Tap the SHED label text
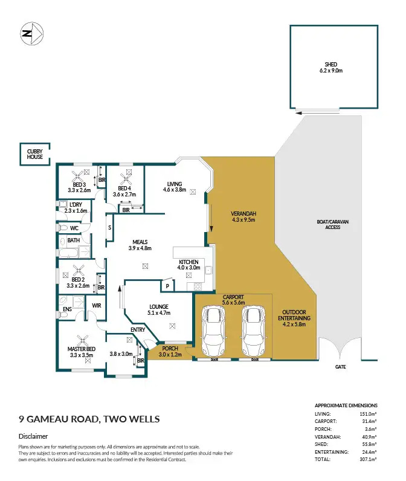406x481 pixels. coord(330,64)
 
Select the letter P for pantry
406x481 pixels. coord(167,286)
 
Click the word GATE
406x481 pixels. coord(341,367)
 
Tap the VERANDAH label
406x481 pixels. coord(243,214)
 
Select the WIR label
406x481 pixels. coord(96,306)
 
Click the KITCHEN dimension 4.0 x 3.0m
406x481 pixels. coord(188,267)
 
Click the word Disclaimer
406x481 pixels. coord(33,436)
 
